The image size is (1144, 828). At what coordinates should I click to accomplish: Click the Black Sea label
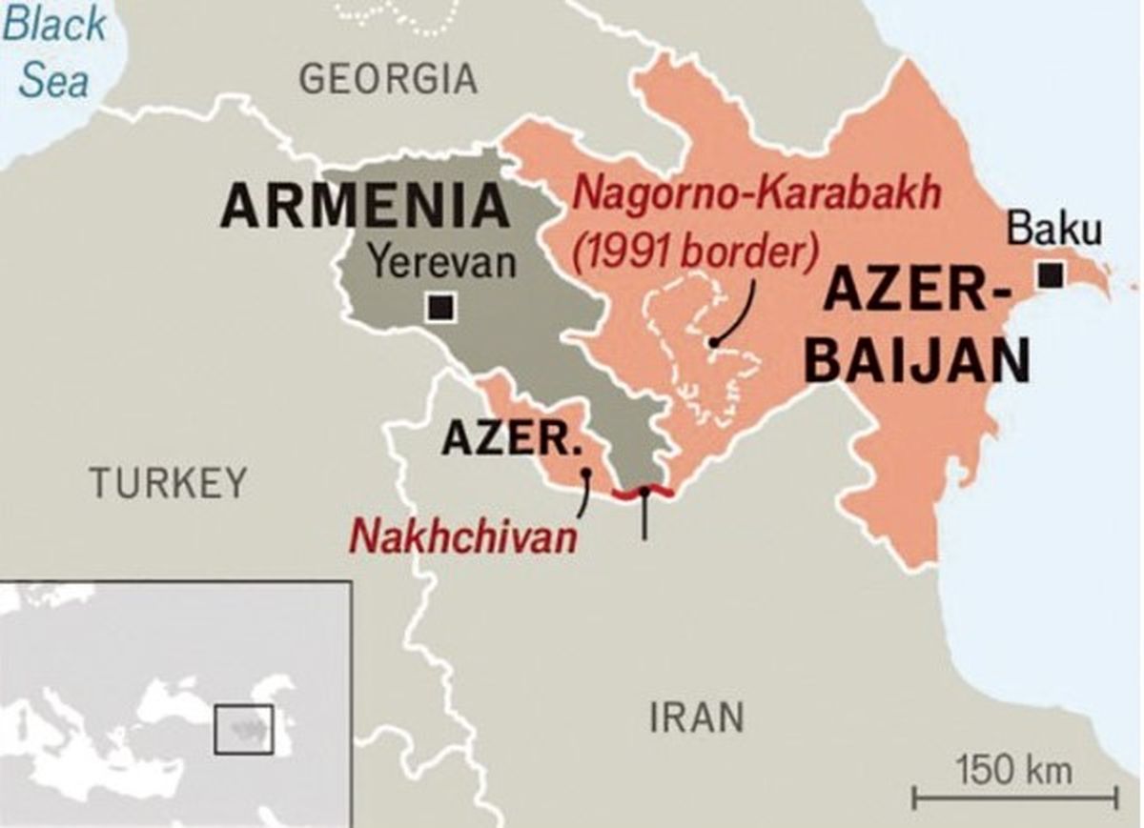(53, 50)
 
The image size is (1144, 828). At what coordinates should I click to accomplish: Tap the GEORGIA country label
(388, 78)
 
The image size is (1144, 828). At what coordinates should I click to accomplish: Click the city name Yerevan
(442, 262)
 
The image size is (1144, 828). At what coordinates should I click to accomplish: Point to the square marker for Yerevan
(441, 308)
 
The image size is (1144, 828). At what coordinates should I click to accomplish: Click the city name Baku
(1054, 231)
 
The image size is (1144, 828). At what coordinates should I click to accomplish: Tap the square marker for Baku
(1051, 275)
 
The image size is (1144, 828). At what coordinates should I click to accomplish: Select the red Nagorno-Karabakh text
(759, 193)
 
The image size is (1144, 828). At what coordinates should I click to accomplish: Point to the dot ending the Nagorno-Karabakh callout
(713, 342)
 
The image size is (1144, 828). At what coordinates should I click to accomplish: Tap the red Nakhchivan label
(464, 536)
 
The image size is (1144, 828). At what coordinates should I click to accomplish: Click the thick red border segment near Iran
(644, 494)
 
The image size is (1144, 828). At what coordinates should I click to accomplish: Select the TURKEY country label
(168, 483)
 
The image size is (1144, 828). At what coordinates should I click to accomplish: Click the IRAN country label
(697, 717)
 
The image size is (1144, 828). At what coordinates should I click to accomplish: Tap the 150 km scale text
(1013, 769)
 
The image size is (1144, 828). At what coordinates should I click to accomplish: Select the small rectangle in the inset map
(243, 730)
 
